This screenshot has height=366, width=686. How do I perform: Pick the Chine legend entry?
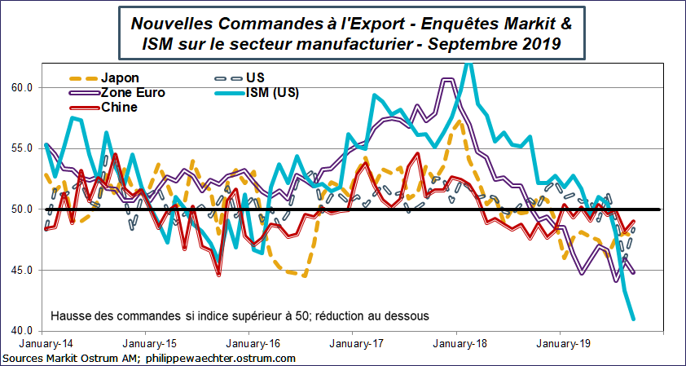coord(120,107)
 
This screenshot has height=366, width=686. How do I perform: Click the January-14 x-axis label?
coord(41,344)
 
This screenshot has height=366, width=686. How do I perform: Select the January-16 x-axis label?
coord(248,344)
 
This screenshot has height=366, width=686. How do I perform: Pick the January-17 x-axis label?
coord(352,344)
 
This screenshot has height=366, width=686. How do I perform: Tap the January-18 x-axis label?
coord(456,344)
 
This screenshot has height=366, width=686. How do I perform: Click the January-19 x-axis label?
coord(560,344)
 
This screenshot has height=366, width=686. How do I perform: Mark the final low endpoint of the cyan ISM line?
coord(633,320)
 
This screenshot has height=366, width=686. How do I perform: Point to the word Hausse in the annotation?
coord(71,315)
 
